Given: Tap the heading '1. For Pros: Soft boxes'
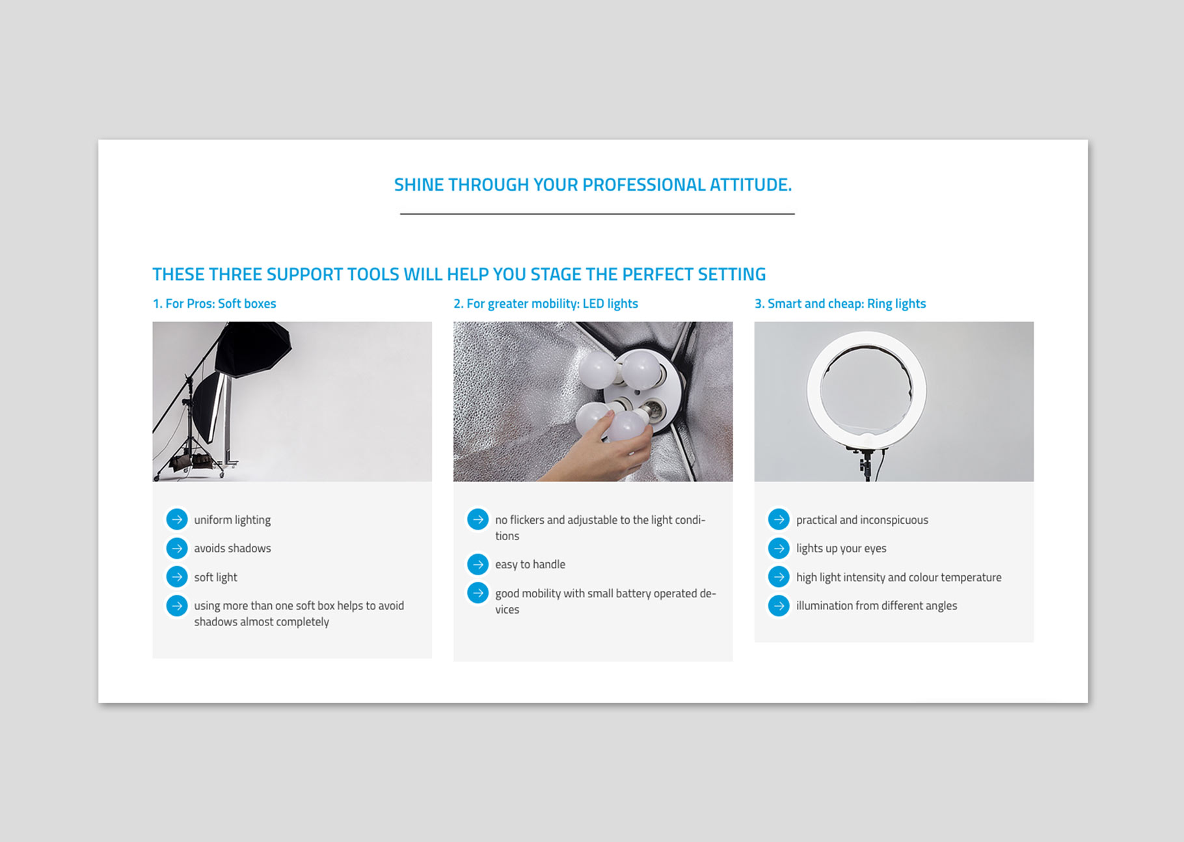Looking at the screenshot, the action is tap(214, 304).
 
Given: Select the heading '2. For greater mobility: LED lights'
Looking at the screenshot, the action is tap(546, 304).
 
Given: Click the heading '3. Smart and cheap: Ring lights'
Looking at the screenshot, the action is tap(840, 304).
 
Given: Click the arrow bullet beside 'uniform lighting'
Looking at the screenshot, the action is tap(177, 519).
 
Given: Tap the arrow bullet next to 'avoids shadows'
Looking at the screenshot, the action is tap(177, 548).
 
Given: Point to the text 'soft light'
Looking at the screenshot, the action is tap(215, 577).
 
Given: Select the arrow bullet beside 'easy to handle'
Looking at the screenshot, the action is tap(478, 564).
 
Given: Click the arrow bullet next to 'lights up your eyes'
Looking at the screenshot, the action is tap(779, 548).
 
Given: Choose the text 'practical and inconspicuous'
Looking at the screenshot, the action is tap(862, 520).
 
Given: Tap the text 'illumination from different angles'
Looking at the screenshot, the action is tap(876, 606).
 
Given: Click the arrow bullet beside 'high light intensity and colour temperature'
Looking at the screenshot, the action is tap(779, 577).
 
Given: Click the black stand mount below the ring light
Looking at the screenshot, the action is tap(865, 463).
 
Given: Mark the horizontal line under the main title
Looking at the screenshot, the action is tap(597, 213).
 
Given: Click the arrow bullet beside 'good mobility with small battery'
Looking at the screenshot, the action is tap(478, 593).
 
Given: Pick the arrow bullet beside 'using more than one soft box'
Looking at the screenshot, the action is tap(177, 605).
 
